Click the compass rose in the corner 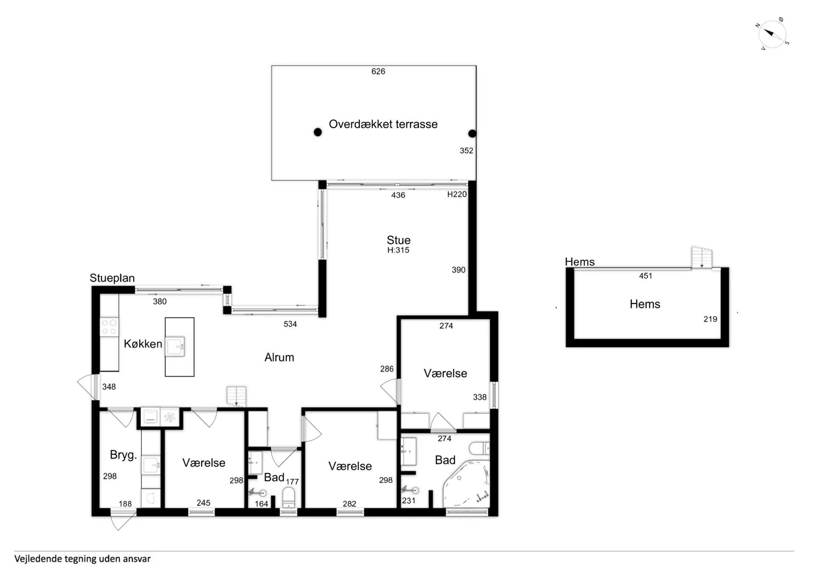pos(772,34)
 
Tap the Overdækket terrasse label pos(383,124)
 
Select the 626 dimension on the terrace pos(378,71)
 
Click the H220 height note pos(457,194)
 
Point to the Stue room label pos(399,240)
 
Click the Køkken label pos(143,344)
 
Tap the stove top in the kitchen pos(109,327)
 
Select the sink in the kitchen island pos(175,346)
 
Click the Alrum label pos(279,357)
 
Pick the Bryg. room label pos(123,455)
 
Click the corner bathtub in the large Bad pos(467,484)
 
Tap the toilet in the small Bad pos(289,497)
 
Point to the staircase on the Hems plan pos(702,257)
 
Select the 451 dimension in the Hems pos(646,276)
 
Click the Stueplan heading pos(112,278)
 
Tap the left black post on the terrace pos(318,132)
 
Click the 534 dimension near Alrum pos(290,324)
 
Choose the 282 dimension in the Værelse pos(349,504)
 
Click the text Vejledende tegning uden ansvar pos(82,559)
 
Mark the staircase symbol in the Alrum pos(236,396)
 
